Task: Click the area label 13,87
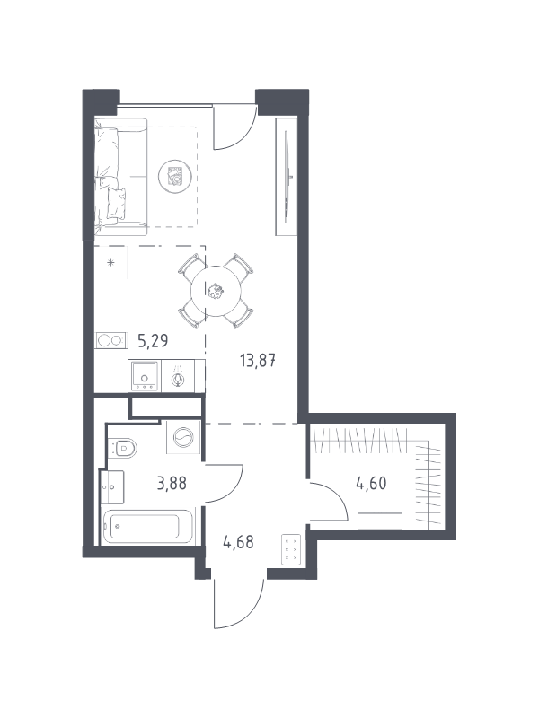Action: tap(257, 361)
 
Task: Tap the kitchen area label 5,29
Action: tap(153, 341)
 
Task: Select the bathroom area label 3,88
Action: tap(172, 483)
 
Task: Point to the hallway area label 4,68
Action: tap(238, 542)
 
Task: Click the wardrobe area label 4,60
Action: tap(371, 483)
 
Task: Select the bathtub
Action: tap(147, 527)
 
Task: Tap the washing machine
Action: tap(183, 437)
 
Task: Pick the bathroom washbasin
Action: tap(112, 487)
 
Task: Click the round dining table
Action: tap(216, 291)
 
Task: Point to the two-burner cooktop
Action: tap(110, 341)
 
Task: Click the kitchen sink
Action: tap(145, 376)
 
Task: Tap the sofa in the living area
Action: tap(120, 177)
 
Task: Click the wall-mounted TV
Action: tap(287, 177)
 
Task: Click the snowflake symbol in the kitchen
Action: tap(110, 262)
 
